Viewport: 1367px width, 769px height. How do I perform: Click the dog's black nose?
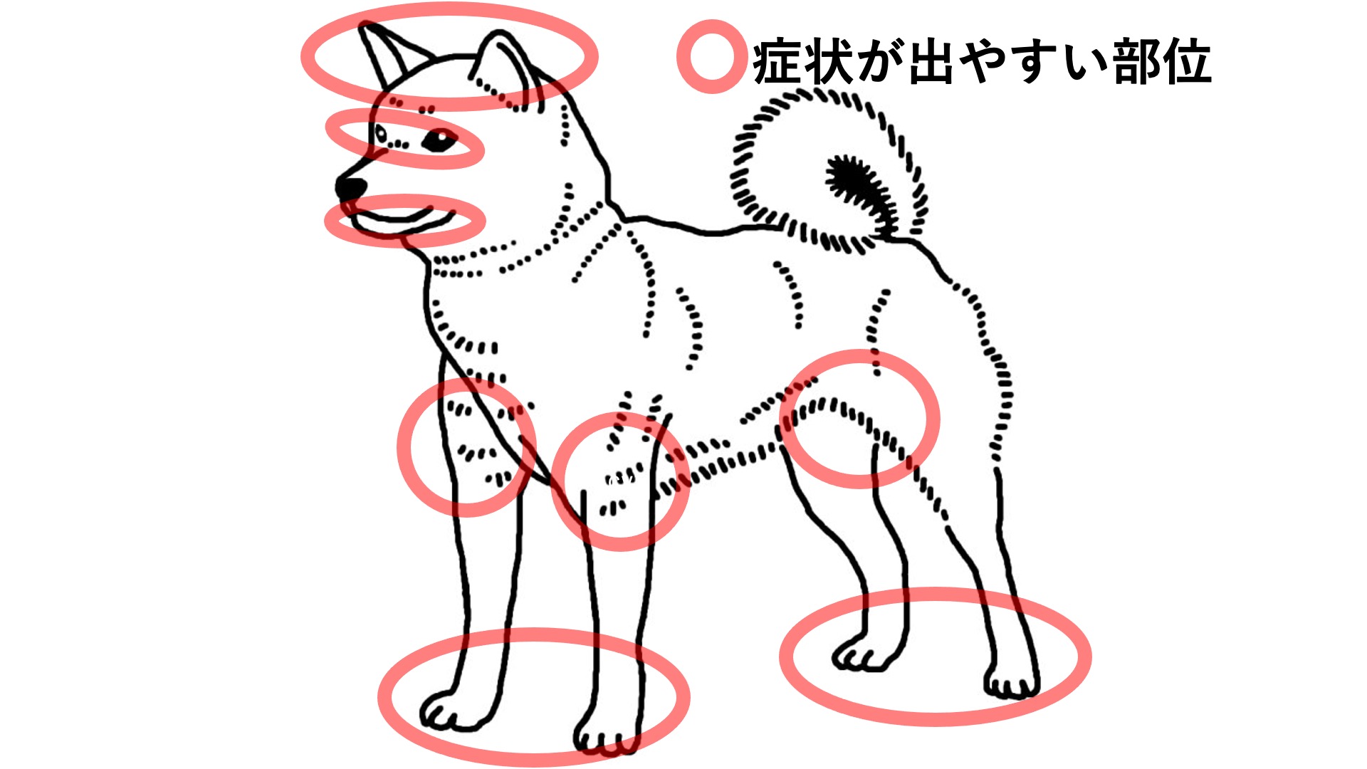point(350,187)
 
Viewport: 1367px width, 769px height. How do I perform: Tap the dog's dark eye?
point(438,140)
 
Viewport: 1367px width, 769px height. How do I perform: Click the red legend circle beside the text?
point(711,56)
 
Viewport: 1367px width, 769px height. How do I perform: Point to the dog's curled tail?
point(829,171)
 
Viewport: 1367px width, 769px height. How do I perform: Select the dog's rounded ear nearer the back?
point(506,68)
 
